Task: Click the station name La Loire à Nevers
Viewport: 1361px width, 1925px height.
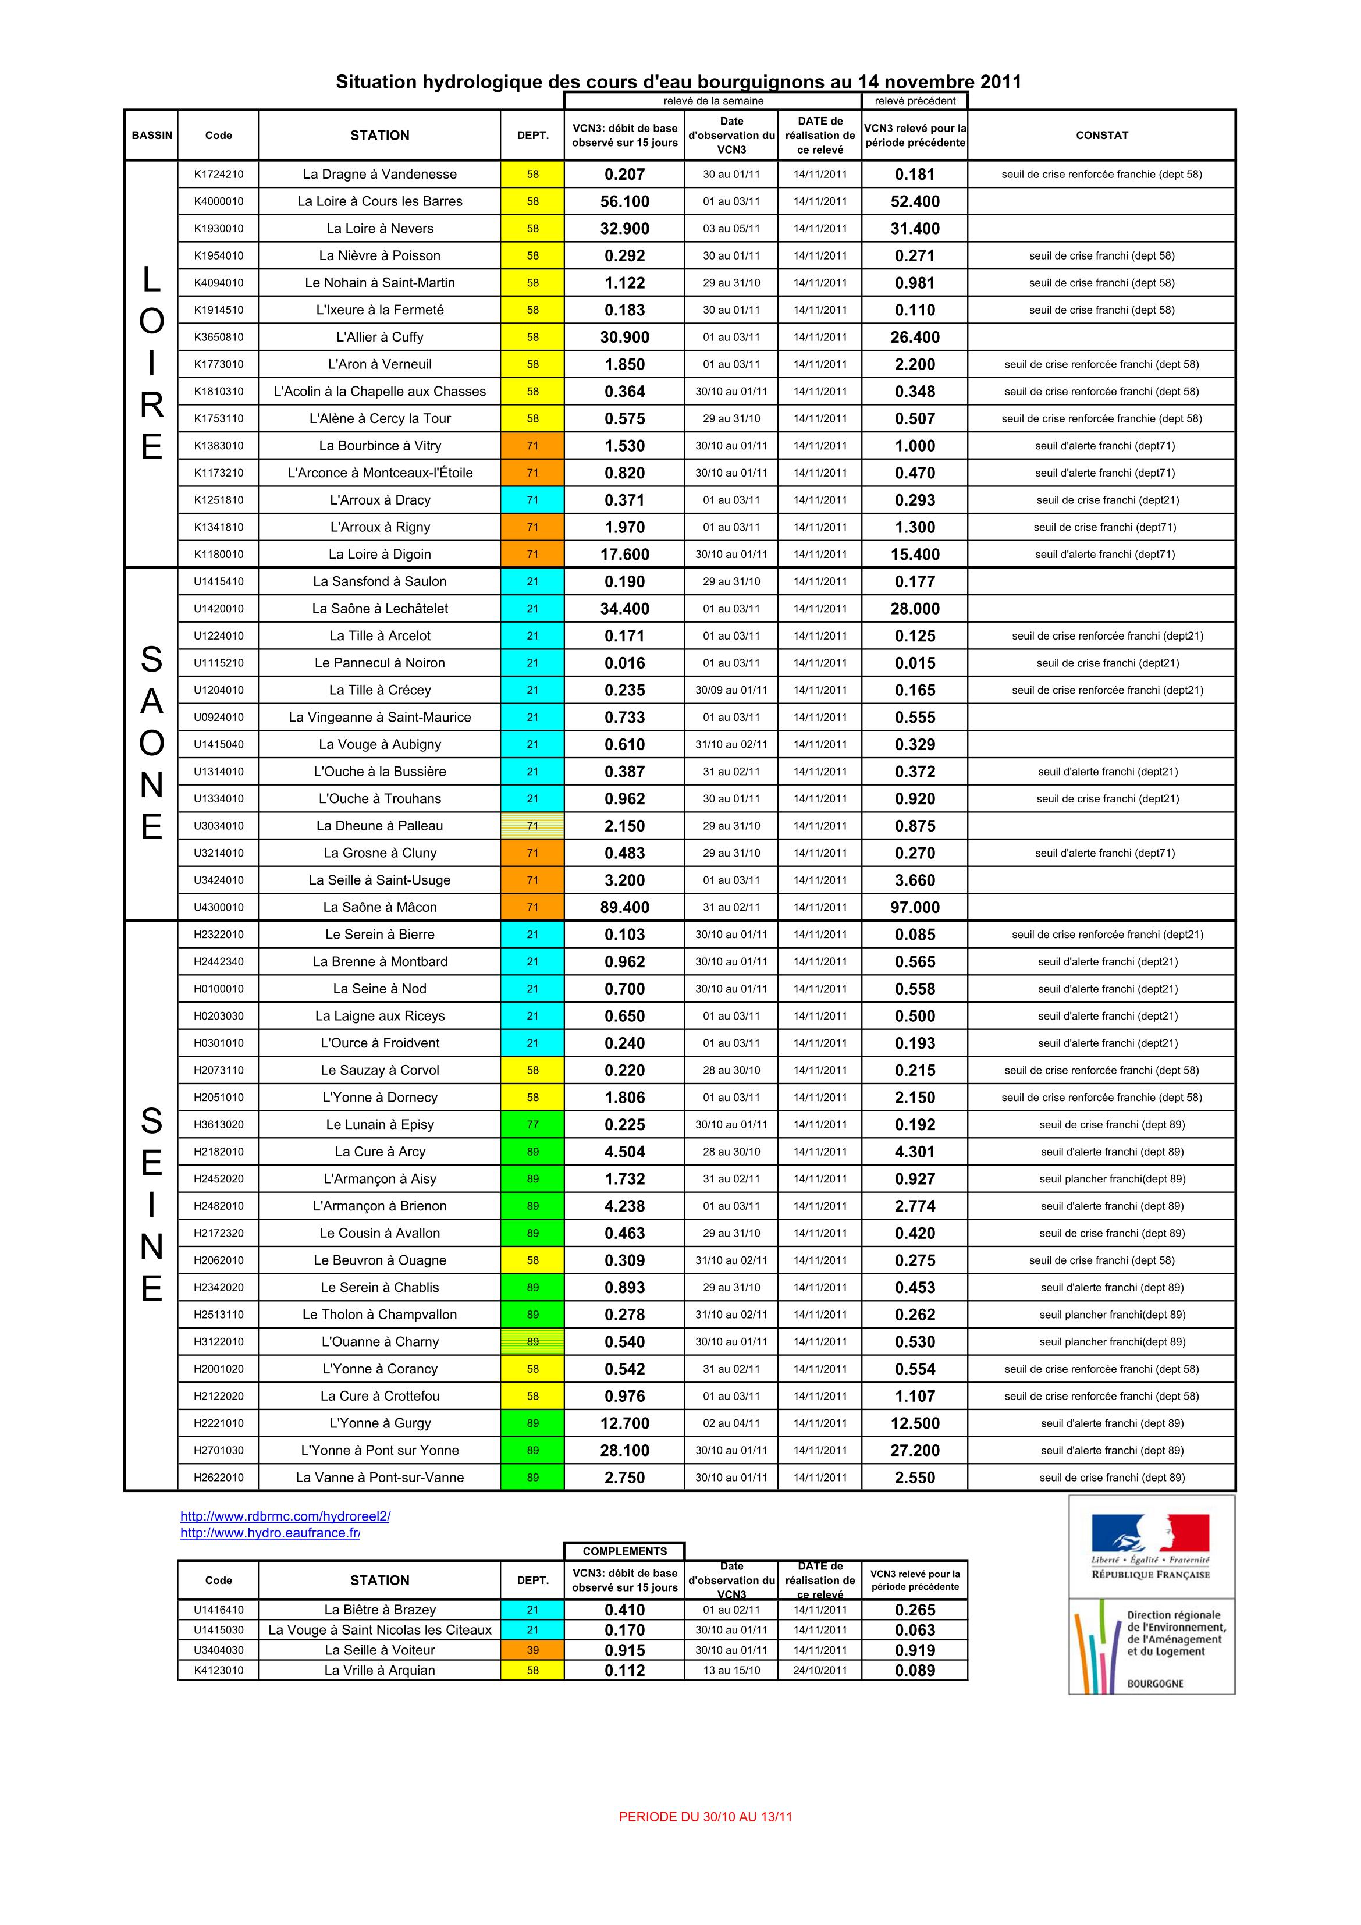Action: pos(380,228)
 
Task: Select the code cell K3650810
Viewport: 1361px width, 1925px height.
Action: pos(218,337)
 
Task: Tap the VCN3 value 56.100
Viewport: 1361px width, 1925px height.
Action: pos(625,201)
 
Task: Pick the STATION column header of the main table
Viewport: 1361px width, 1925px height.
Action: pos(380,135)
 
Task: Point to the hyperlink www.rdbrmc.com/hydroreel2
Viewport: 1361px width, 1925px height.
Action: pos(285,1516)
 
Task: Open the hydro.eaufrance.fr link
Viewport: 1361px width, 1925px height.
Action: pos(270,1533)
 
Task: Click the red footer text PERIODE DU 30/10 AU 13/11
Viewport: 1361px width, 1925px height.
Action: pos(705,1817)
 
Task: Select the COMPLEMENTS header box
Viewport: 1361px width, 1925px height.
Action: pos(625,1551)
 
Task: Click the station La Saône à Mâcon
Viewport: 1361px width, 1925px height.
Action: pos(380,907)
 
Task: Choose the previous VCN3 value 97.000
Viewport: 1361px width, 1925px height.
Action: pos(915,907)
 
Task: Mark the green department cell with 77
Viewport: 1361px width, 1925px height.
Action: pos(532,1124)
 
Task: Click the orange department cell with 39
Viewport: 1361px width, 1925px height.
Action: pos(532,1650)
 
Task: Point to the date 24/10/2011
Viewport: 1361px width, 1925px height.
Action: pos(820,1670)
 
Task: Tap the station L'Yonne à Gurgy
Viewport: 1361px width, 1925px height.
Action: pos(380,1423)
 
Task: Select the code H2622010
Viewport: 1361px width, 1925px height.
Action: pos(218,1478)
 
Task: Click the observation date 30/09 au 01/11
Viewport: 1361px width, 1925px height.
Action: pos(731,690)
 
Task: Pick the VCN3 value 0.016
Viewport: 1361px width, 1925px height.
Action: pos(625,663)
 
